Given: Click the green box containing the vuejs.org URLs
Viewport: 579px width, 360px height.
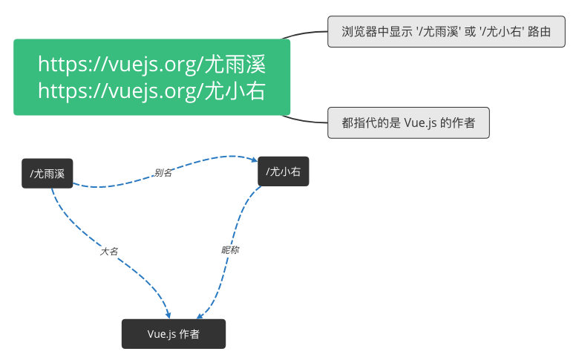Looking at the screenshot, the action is [151, 77].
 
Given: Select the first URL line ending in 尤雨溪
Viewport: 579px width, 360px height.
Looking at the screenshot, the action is [151, 65].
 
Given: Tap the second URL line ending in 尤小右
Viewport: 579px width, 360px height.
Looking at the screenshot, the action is [151, 91].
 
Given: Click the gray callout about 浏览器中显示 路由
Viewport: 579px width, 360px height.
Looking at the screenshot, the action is [446, 31].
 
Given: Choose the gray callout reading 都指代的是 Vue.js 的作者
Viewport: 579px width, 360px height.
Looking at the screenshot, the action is [409, 123].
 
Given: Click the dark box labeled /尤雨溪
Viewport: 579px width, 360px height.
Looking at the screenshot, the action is [48, 174].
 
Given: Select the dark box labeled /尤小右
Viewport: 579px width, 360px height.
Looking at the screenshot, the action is [284, 171].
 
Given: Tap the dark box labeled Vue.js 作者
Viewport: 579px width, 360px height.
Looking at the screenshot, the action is [174, 334].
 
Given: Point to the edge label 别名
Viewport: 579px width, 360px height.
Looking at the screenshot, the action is [163, 172].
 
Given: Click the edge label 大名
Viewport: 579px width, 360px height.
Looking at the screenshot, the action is [109, 252].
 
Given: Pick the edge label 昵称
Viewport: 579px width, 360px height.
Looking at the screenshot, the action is [230, 250].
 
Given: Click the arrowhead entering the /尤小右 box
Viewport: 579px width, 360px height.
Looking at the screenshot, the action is [255, 160].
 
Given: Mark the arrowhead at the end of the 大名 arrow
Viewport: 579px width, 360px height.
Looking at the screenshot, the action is [168, 315].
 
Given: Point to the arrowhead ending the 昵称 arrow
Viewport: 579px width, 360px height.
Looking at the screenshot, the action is [200, 315].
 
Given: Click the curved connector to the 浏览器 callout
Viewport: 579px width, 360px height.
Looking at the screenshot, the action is [304, 33].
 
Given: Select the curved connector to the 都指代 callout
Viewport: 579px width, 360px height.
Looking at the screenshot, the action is [304, 120].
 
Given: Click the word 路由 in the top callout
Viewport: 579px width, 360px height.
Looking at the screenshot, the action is [540, 32].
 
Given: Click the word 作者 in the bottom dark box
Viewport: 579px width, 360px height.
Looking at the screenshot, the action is [189, 334].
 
